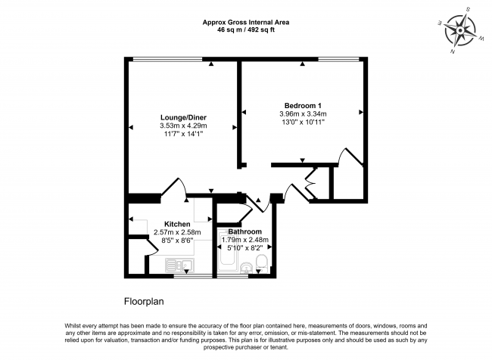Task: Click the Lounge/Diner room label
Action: [x=184, y=117]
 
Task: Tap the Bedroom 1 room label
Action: [x=303, y=106]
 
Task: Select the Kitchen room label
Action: [x=177, y=224]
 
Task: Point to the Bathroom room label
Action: [x=244, y=231]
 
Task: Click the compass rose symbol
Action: [x=460, y=30]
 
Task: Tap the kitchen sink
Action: [x=179, y=265]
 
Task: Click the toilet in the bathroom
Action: [x=261, y=262]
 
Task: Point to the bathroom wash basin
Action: [x=247, y=268]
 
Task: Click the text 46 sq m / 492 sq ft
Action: [x=246, y=30]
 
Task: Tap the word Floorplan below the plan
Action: [x=144, y=302]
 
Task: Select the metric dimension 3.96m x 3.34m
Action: [x=303, y=114]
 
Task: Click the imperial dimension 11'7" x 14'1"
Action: [x=184, y=134]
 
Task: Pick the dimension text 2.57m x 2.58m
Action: [x=177, y=232]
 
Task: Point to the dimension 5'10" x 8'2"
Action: [x=244, y=248]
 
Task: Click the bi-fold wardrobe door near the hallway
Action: [x=311, y=184]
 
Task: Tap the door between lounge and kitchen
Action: [x=174, y=187]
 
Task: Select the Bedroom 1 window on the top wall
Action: [x=339, y=59]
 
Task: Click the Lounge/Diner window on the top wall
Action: [x=167, y=59]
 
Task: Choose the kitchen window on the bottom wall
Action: [x=193, y=276]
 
